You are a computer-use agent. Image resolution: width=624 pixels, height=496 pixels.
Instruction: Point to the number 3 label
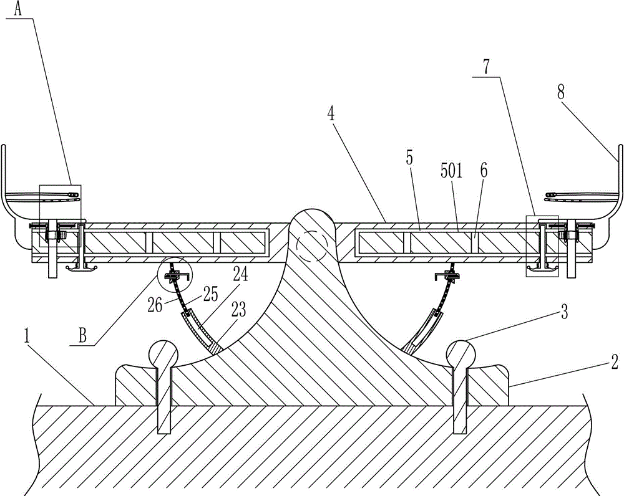(564, 313)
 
